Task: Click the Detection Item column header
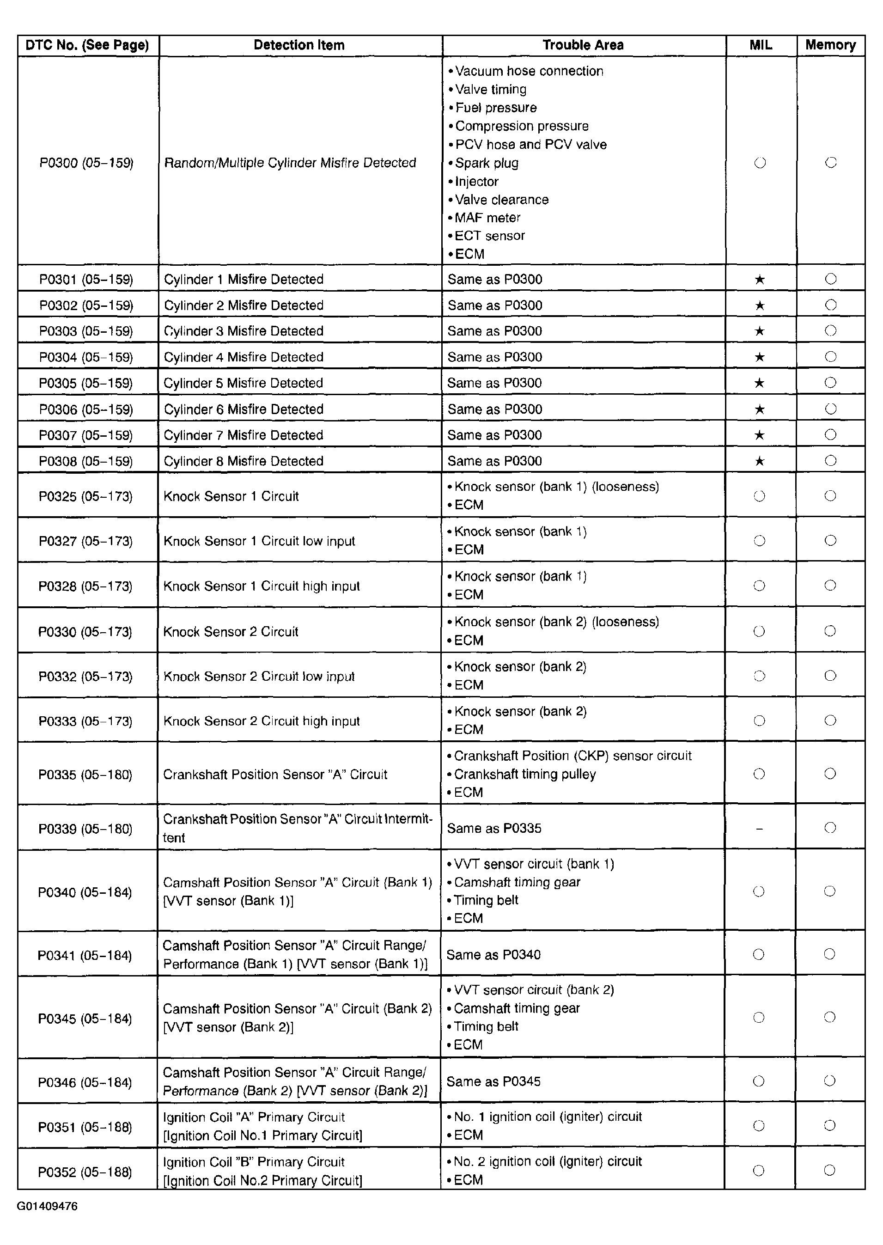pyautogui.click(x=299, y=45)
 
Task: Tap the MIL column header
pyautogui.click(x=761, y=45)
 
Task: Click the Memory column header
pyautogui.click(x=830, y=45)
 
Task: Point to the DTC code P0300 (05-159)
pyautogui.click(x=86, y=163)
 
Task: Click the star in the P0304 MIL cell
pyautogui.click(x=760, y=357)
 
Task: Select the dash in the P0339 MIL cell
pyautogui.click(x=760, y=829)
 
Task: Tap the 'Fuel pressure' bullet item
pyautogui.click(x=495, y=108)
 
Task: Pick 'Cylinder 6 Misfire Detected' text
pyautogui.click(x=244, y=409)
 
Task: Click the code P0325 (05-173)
pyautogui.click(x=85, y=496)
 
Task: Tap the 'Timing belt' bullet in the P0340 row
pyautogui.click(x=486, y=900)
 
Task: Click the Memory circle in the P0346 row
pyautogui.click(x=829, y=1081)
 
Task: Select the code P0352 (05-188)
pyautogui.click(x=85, y=1172)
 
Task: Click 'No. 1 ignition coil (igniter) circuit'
pyautogui.click(x=548, y=1116)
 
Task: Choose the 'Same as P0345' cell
pyautogui.click(x=493, y=1081)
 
